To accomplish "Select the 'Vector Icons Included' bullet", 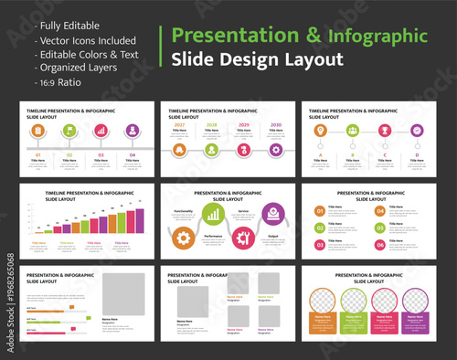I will (x=86, y=41).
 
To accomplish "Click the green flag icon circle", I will (x=69, y=130).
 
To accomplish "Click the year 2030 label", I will (x=275, y=124).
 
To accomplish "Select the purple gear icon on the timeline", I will (x=275, y=148).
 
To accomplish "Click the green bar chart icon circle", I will (x=213, y=213).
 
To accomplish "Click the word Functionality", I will (x=183, y=210).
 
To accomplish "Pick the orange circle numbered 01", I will (x=319, y=209).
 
